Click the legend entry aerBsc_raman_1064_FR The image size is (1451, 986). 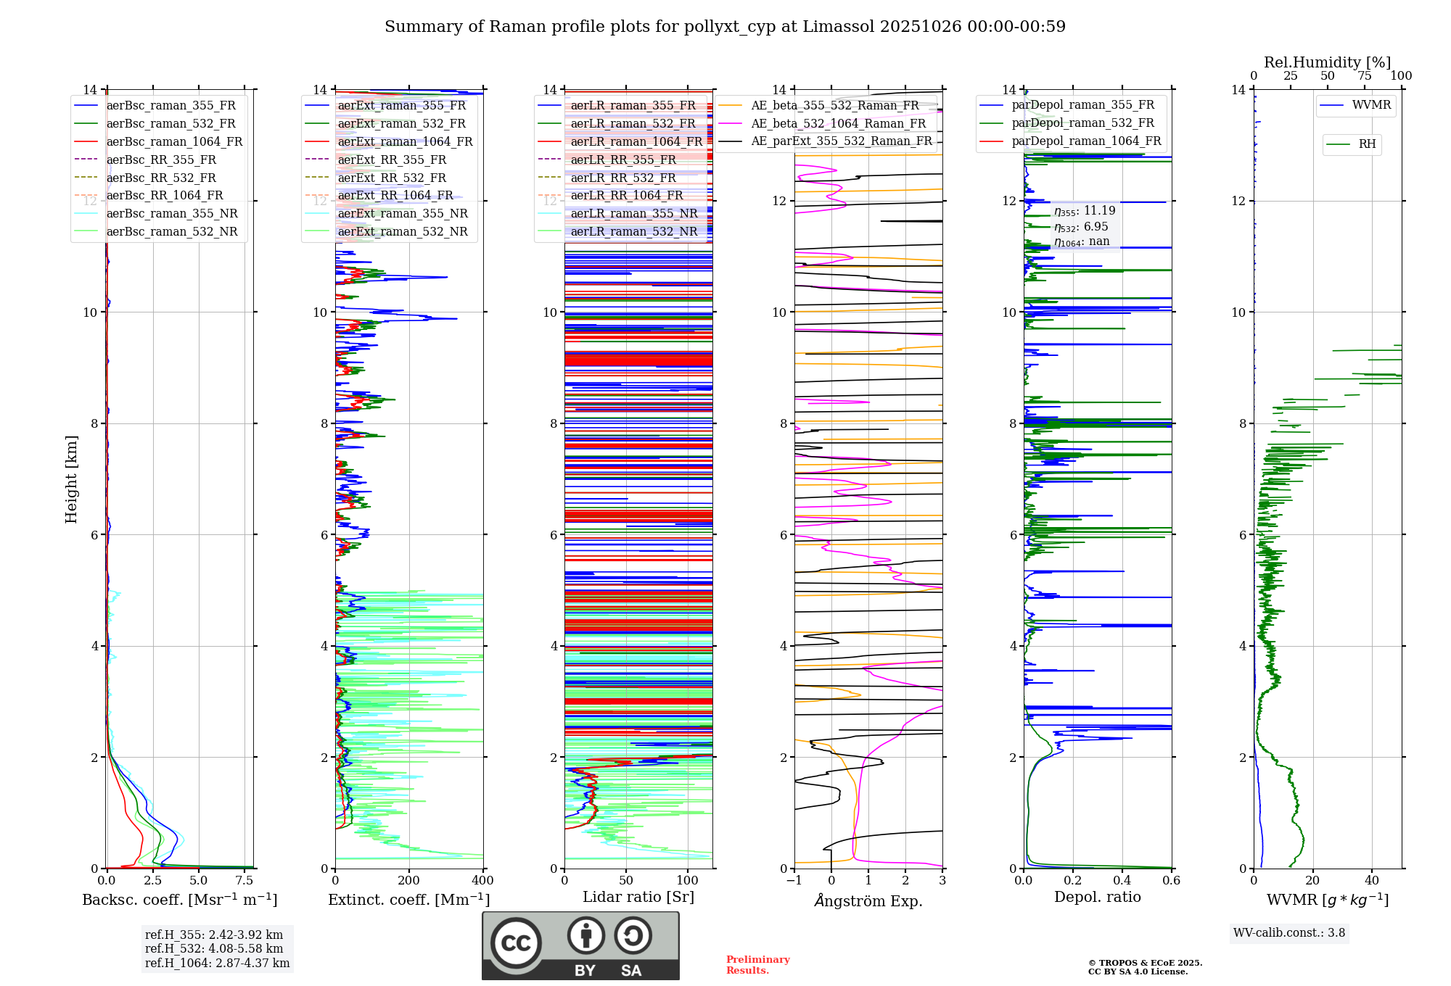tap(174, 141)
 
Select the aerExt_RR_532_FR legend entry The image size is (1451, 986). tap(392, 178)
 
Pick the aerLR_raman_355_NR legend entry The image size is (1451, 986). tap(633, 213)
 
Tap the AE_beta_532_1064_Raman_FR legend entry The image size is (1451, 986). tap(838, 123)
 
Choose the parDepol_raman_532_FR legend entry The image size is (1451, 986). tap(1082, 123)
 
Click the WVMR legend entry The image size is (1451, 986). tap(1371, 105)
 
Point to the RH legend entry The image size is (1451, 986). tap(1367, 144)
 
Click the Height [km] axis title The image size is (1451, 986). tap(71, 478)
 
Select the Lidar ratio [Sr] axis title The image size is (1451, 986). tap(638, 897)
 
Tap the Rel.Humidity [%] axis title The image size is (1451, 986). tap(1327, 62)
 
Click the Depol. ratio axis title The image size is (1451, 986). tap(1097, 897)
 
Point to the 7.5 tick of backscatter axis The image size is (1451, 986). tap(244, 880)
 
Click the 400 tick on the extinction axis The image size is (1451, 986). tap(482, 880)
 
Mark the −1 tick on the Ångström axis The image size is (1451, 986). tap(794, 880)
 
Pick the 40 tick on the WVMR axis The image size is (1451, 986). tap(1371, 880)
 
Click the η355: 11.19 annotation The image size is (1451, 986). tap(1085, 210)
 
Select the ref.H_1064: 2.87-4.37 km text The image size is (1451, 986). tap(217, 963)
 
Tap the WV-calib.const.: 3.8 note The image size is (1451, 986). tap(1288, 932)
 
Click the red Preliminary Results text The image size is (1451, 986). tap(757, 964)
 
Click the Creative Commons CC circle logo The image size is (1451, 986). tap(516, 942)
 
